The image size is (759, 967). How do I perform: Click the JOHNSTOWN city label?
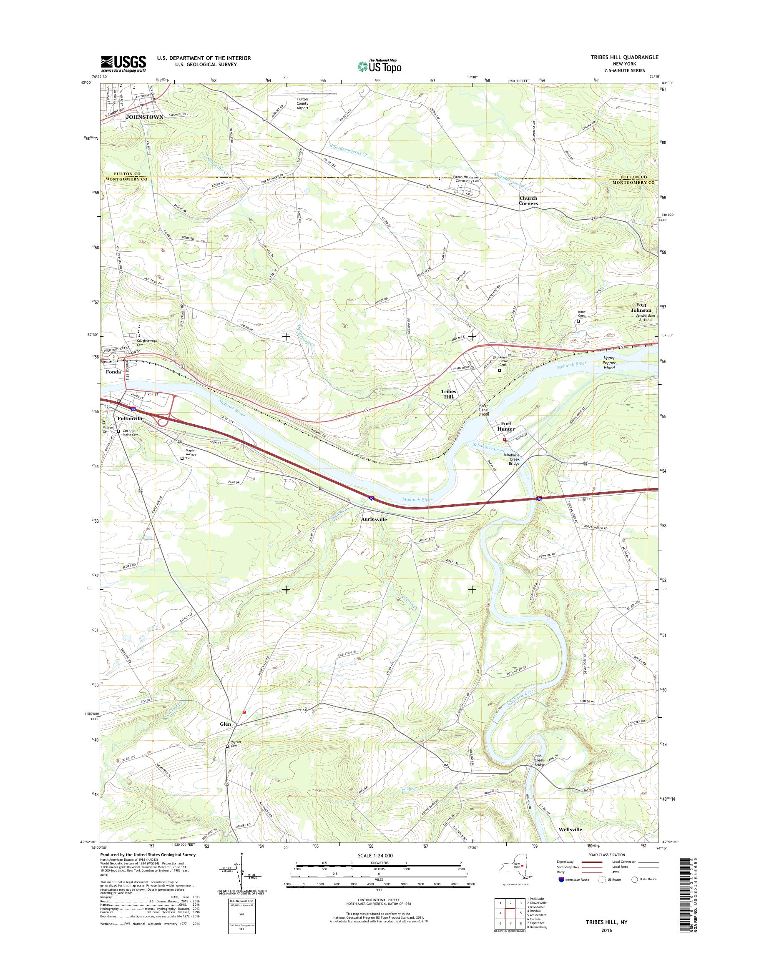(x=145, y=117)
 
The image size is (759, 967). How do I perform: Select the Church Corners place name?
(x=528, y=201)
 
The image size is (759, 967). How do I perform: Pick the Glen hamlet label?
(x=225, y=724)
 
